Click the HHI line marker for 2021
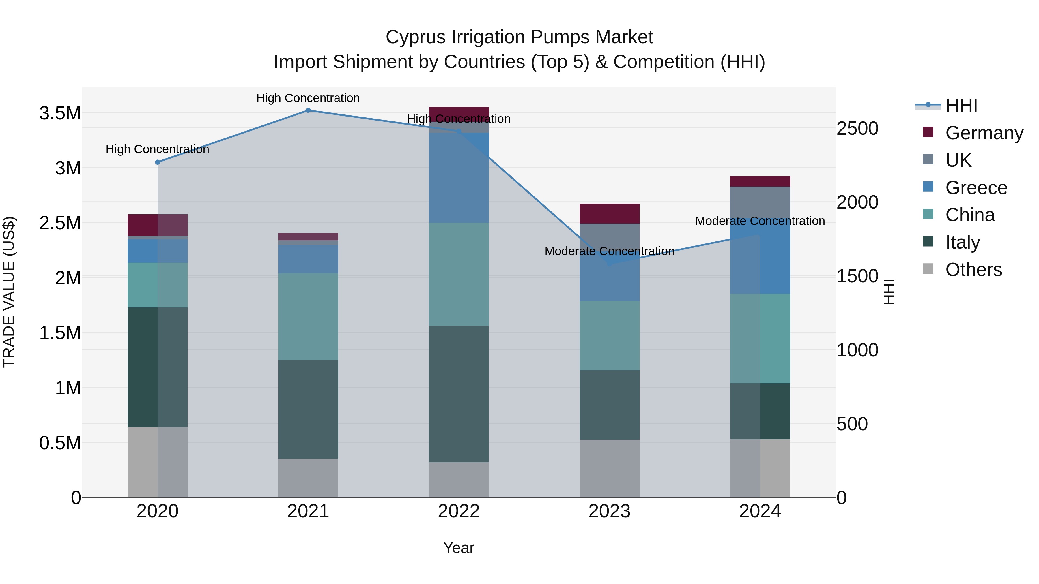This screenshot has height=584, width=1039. tap(308, 110)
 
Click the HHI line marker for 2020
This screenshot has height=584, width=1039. tap(158, 162)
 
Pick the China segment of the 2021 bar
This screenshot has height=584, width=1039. tap(308, 316)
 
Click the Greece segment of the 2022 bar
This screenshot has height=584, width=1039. tap(459, 177)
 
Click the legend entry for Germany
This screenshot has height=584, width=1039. tap(984, 133)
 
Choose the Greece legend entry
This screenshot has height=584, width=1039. tap(976, 188)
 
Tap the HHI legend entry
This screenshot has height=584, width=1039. tap(961, 106)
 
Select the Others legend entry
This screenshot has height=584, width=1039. tap(973, 270)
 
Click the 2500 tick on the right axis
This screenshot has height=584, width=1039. tap(857, 129)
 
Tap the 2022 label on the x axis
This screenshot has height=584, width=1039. tap(459, 511)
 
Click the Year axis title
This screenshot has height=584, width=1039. tap(459, 548)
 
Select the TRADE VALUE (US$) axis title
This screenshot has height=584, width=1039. tap(9, 292)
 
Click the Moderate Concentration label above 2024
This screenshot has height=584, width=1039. tap(760, 221)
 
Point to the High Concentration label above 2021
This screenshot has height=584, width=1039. tap(308, 98)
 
